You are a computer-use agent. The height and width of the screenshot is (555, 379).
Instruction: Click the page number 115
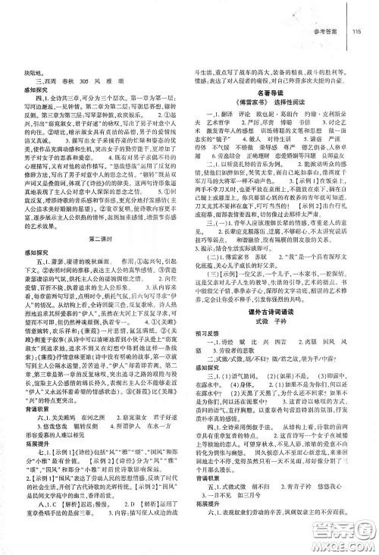356,31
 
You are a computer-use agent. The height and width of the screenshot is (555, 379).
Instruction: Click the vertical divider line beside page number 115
347,31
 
